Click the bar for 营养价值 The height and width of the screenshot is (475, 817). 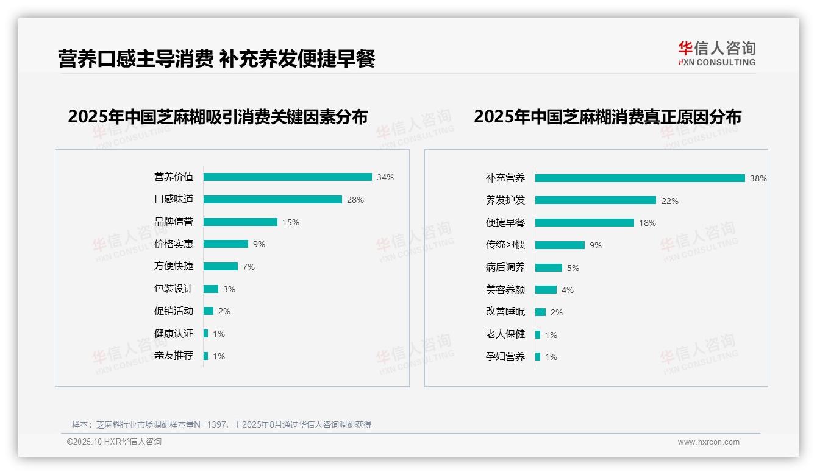click(x=287, y=177)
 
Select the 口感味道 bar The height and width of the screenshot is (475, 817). click(x=273, y=200)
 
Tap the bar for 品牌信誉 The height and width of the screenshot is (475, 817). click(x=240, y=222)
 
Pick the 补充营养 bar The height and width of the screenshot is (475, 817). click(x=640, y=178)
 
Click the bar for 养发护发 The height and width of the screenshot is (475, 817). click(x=595, y=200)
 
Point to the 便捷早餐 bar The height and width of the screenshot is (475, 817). click(x=584, y=223)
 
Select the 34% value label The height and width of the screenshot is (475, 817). click(x=385, y=178)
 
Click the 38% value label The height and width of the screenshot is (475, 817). click(x=758, y=179)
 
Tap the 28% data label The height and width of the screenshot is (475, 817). click(x=355, y=200)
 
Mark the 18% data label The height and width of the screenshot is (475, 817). click(x=648, y=223)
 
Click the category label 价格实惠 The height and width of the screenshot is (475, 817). click(x=174, y=244)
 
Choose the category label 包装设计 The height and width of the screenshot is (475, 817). click(x=174, y=289)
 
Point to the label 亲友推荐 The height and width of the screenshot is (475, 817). click(x=174, y=356)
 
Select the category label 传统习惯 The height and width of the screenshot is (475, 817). click(x=505, y=245)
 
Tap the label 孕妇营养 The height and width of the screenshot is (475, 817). click(x=505, y=357)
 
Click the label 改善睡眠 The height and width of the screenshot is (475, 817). click(x=505, y=312)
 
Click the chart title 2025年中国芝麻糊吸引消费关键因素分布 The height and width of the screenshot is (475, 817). click(x=218, y=117)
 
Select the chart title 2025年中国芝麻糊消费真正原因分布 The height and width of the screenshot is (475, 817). click(x=607, y=117)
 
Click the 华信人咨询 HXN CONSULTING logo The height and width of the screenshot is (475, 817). click(x=717, y=54)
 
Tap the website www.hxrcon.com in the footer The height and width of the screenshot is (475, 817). click(x=708, y=442)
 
